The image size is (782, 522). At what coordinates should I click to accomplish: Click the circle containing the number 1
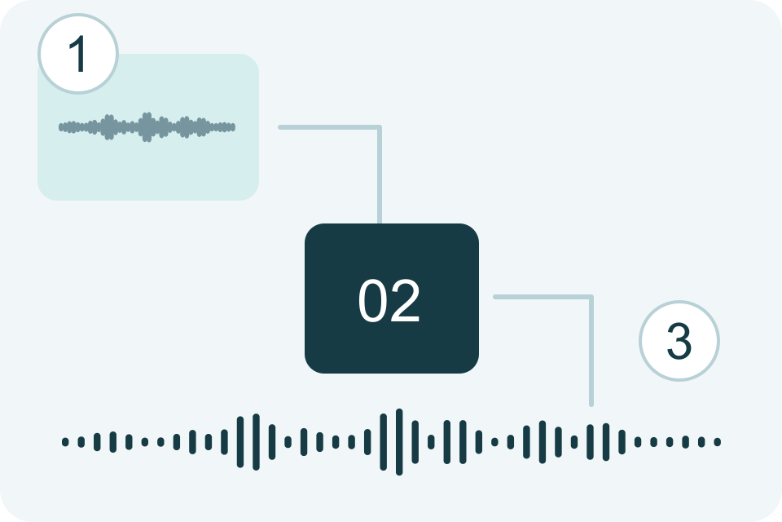pyautogui.click(x=78, y=54)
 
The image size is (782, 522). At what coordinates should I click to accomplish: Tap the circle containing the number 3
pyautogui.click(x=679, y=341)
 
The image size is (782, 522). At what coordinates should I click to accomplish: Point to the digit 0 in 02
pyautogui.click(x=373, y=300)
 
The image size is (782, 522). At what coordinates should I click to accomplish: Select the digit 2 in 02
pyautogui.click(x=405, y=299)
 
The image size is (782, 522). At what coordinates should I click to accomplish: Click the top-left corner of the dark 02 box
pyautogui.click(x=305, y=224)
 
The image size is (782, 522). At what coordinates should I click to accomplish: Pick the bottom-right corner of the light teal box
pyautogui.click(x=258, y=200)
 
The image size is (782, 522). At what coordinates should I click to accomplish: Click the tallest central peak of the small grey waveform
pyautogui.click(x=147, y=127)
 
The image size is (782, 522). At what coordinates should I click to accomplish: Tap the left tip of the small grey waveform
pyautogui.click(x=59, y=127)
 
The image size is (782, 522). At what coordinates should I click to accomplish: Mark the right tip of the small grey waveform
pyautogui.click(x=235, y=127)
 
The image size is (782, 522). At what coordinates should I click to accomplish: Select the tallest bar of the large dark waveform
pyautogui.click(x=399, y=441)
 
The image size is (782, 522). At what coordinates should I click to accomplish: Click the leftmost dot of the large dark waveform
pyautogui.click(x=65, y=441)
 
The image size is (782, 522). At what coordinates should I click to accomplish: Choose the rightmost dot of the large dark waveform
pyautogui.click(x=717, y=441)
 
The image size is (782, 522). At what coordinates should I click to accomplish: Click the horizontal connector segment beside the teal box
pyautogui.click(x=330, y=127)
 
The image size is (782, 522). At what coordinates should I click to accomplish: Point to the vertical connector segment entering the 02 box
pyautogui.click(x=380, y=175)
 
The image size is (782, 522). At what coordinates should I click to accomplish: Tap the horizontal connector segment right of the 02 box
pyautogui.click(x=543, y=297)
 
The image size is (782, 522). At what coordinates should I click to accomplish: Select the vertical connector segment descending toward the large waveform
pyautogui.click(x=591, y=352)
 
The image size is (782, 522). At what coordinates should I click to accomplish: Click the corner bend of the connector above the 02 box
pyautogui.click(x=380, y=127)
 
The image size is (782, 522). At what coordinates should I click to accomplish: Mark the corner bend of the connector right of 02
pyautogui.click(x=591, y=297)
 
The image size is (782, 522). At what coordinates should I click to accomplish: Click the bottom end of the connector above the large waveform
pyautogui.click(x=591, y=405)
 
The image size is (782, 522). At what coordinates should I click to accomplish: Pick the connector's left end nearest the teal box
pyautogui.click(x=279, y=127)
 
